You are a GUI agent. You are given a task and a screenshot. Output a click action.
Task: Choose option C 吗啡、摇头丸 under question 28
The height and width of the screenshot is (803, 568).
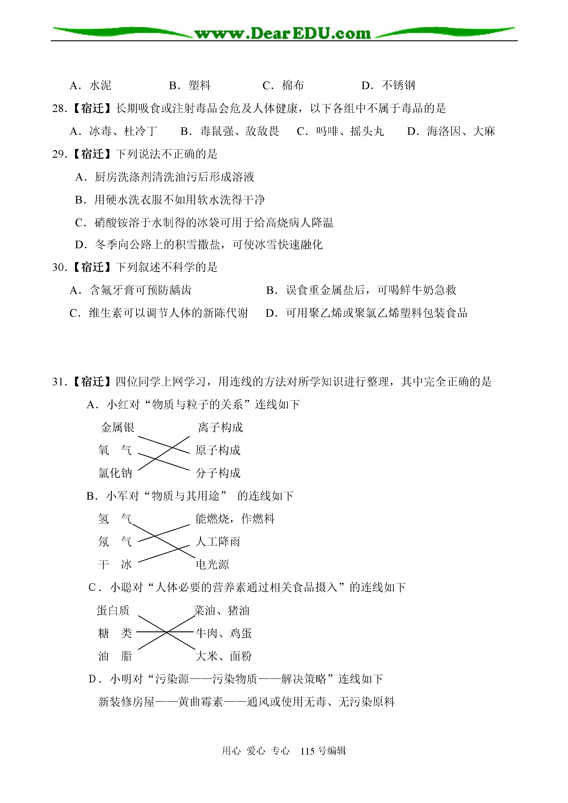340,132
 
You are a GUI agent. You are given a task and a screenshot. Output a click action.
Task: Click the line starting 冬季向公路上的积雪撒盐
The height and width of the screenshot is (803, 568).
199,245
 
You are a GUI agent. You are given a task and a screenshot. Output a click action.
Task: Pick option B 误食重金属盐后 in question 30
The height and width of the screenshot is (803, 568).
361,290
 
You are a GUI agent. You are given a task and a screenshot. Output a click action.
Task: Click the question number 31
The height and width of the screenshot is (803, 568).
59,382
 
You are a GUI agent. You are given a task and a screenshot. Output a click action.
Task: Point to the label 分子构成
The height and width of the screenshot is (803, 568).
218,473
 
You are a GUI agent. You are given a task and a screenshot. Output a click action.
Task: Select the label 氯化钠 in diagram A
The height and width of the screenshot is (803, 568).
115,473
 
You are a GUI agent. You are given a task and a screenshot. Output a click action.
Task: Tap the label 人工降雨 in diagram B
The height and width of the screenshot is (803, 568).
218,542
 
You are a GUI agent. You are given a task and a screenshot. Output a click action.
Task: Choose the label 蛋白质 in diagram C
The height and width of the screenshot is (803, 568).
113,610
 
